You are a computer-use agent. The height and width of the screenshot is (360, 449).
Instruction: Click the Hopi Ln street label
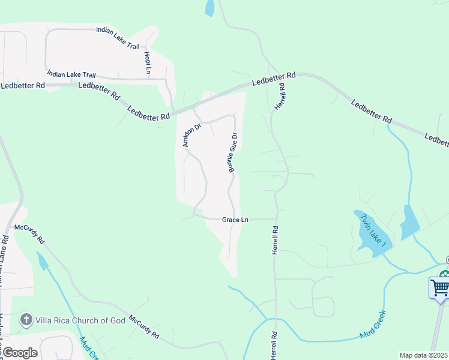click(x=147, y=63)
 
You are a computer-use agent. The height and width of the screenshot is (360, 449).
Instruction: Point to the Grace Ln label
click(x=235, y=220)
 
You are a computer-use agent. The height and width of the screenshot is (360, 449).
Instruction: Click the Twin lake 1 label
click(x=372, y=232)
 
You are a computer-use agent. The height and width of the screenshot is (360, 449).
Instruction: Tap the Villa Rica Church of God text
click(x=81, y=320)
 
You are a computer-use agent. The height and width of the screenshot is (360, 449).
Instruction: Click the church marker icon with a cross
click(x=26, y=320)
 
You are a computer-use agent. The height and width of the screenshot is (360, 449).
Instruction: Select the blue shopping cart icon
click(x=439, y=287)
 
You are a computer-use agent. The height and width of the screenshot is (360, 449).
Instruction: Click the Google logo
click(x=19, y=353)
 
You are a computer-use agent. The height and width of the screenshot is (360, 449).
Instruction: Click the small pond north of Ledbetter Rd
click(x=209, y=8)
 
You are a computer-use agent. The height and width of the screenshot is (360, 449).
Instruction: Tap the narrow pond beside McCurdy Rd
click(x=43, y=262)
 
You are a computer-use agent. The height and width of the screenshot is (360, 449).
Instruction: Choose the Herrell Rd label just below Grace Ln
click(x=275, y=240)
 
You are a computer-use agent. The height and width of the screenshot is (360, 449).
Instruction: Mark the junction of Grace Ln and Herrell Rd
click(x=276, y=220)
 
